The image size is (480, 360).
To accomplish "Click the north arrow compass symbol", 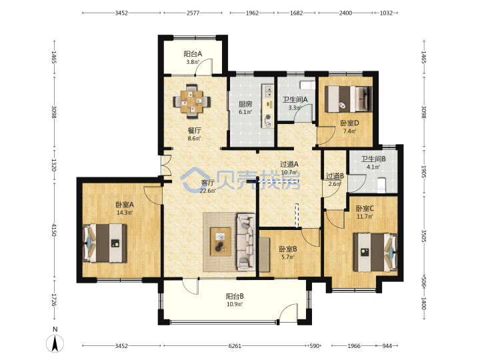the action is click(x=55, y=343).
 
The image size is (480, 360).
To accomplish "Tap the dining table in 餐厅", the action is click(x=192, y=101).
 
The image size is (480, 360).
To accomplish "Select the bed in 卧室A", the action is click(x=105, y=243).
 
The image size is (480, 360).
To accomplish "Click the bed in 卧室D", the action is click(x=349, y=99).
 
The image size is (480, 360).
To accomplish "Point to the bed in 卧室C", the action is click(x=375, y=253).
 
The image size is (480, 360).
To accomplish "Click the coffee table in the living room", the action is click(x=221, y=241).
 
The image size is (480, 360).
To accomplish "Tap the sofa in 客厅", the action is click(x=246, y=242).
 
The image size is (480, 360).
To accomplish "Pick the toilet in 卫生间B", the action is click(x=381, y=185).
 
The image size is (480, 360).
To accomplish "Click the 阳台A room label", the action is click(x=193, y=54).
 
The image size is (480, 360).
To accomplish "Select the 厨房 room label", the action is click(x=245, y=104).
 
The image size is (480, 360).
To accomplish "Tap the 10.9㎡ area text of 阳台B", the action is click(x=235, y=304).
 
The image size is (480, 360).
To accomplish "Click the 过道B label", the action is click(x=335, y=176).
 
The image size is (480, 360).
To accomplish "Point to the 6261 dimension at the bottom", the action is click(x=235, y=346).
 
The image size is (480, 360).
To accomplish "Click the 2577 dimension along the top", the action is click(x=193, y=13).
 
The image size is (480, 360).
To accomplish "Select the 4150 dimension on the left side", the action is click(x=54, y=230).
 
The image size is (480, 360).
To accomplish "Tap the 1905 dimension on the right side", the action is click(x=424, y=171).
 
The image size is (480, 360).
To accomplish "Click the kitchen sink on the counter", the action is click(x=269, y=90).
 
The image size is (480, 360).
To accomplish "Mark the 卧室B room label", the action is click(x=288, y=249).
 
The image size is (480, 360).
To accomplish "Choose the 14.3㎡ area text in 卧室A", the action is click(x=125, y=213).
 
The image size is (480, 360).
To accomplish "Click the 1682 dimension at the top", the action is click(x=296, y=13).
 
